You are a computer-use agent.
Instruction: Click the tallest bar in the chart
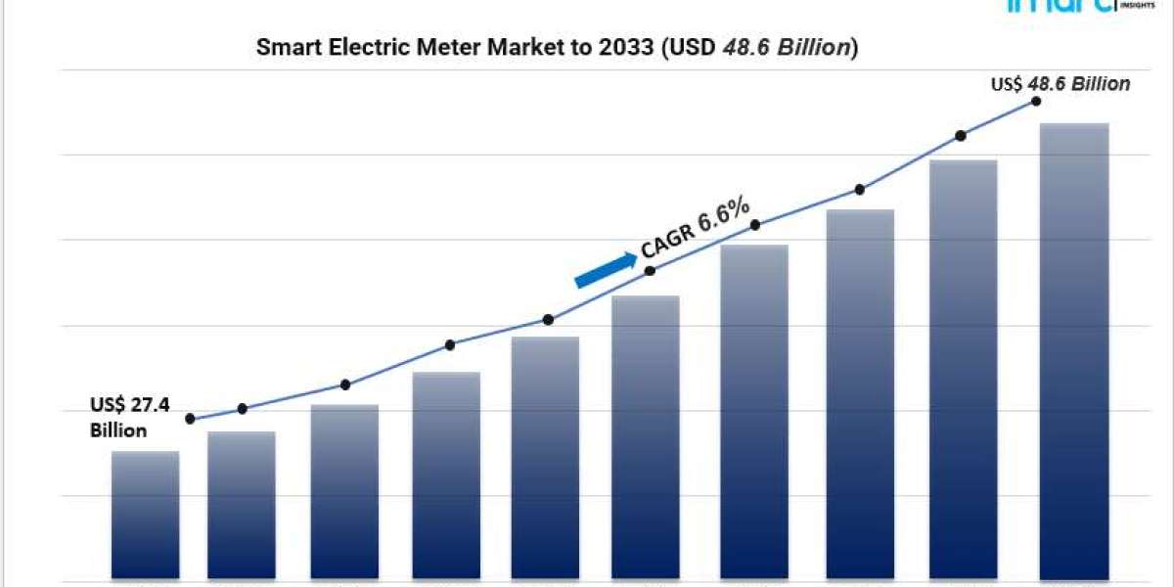tap(1073, 352)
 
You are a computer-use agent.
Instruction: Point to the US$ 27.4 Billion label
tap(131, 417)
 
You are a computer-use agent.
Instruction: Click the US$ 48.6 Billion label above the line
tap(1060, 84)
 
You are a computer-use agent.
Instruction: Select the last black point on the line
tap(1034, 102)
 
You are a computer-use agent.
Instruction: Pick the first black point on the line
tap(190, 419)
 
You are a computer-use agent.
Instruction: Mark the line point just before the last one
tap(961, 136)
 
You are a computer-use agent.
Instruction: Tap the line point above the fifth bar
tap(548, 320)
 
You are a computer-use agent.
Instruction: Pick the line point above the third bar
tap(345, 384)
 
